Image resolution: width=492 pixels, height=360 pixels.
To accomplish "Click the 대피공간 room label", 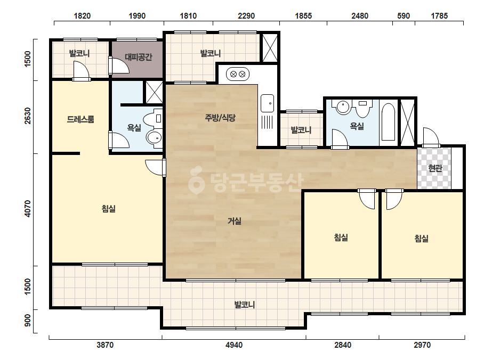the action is (139, 57).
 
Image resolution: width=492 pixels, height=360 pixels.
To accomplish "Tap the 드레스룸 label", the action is (80, 119).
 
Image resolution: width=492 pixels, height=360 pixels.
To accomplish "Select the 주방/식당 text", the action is (220, 118).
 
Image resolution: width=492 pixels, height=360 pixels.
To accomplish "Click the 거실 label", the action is (235, 221).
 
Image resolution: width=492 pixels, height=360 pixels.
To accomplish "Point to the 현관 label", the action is (435, 168).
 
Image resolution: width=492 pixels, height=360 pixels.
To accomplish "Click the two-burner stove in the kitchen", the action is (238, 75).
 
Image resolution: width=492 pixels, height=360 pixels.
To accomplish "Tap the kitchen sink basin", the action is (268, 103).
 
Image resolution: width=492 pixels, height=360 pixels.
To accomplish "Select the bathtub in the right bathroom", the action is (388, 122).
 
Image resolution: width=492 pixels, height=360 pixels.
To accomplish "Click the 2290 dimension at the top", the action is (246, 15).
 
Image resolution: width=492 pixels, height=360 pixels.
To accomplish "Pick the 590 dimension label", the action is (404, 15).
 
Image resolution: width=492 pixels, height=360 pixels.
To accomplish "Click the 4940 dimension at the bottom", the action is (234, 345).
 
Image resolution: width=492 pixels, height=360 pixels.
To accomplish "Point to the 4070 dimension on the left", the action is (28, 209).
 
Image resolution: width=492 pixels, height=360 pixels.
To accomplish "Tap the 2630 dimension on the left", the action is (28, 116).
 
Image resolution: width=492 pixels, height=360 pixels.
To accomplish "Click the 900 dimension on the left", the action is (28, 320).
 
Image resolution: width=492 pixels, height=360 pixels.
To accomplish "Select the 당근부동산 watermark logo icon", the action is (196, 180).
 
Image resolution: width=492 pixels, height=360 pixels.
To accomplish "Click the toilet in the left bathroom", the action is (153, 119).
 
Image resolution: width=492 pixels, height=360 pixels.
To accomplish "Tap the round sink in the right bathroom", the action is (343, 107).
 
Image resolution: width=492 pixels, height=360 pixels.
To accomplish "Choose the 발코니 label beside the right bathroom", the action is (301, 130).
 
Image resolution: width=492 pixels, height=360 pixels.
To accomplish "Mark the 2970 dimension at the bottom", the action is (422, 345).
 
